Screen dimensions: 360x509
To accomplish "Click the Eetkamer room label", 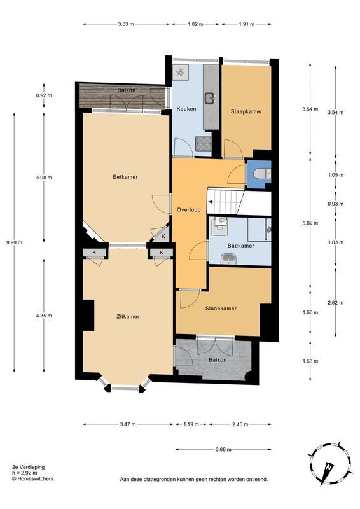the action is point(125,177).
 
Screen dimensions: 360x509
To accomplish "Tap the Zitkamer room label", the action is point(128,316).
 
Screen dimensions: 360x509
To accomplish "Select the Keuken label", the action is point(186,109).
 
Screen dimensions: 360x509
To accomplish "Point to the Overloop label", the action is point(189,210).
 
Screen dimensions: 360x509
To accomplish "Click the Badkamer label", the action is point(241,246).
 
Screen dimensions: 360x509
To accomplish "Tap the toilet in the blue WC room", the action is point(261,174).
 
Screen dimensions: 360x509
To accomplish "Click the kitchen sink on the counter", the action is point(210,97).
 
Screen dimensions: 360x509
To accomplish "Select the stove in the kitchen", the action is point(203,144).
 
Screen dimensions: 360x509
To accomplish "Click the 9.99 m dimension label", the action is point(14,242).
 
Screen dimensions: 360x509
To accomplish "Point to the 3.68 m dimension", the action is point(223,450).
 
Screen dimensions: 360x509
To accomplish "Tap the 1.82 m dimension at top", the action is point(195,24).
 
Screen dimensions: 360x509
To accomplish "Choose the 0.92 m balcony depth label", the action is point(44,95).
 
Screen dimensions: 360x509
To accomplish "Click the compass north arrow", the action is point(328,468).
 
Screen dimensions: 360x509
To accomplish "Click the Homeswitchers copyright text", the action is point(32,478).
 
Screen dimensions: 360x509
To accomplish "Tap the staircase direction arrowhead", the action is point(210,202).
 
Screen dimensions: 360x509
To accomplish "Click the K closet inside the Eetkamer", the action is point(163,236).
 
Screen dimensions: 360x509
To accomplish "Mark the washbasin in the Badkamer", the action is point(228,259).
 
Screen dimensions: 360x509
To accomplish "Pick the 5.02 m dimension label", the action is point(310,223).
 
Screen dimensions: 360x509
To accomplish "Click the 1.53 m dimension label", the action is point(310,361).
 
